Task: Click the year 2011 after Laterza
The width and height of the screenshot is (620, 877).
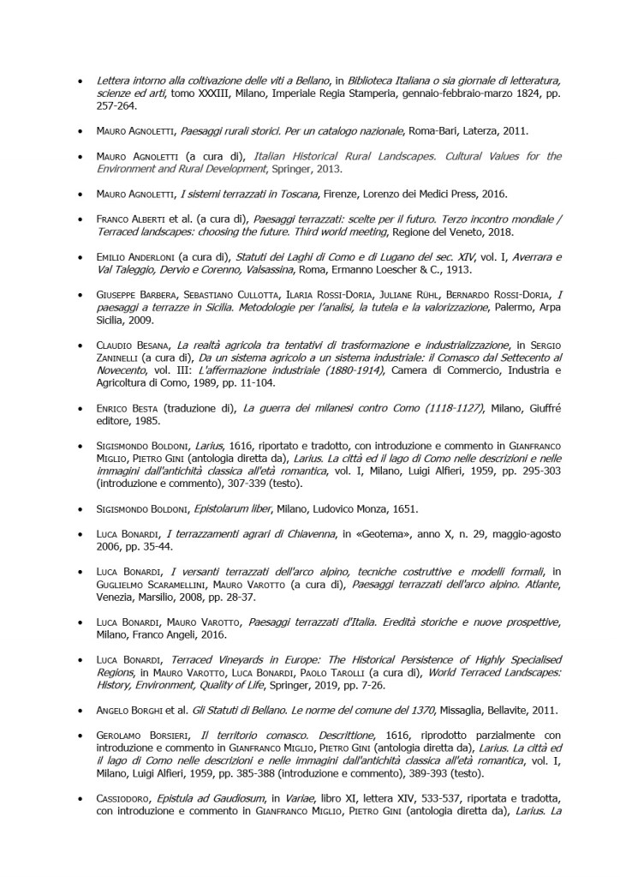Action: point(513,132)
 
